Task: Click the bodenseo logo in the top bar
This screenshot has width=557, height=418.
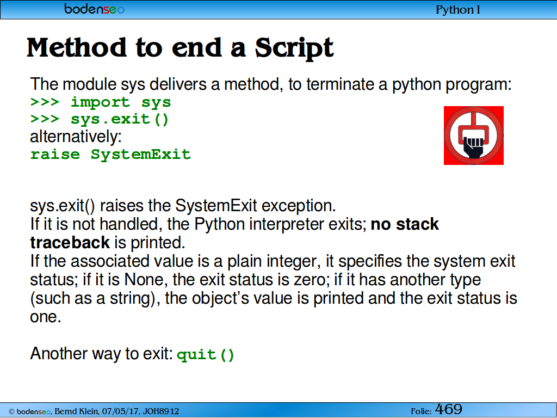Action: (x=95, y=9)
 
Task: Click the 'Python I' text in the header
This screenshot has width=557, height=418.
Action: (x=458, y=10)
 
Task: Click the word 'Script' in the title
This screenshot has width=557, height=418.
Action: (x=294, y=48)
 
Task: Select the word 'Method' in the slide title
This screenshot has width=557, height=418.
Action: (x=77, y=47)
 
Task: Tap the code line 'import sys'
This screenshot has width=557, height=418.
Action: (x=121, y=102)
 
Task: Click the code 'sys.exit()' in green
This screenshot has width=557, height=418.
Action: (x=119, y=119)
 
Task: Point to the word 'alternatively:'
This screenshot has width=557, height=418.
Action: (x=76, y=137)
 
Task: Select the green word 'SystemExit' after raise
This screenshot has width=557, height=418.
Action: (x=141, y=155)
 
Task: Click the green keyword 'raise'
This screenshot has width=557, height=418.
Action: (x=55, y=155)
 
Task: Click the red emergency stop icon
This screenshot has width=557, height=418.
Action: (x=474, y=136)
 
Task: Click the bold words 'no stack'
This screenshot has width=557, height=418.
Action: (x=405, y=224)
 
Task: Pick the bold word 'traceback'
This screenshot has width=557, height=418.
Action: (x=70, y=243)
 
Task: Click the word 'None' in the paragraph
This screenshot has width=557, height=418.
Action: (x=145, y=280)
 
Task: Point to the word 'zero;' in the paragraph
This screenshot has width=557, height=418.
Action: (x=310, y=280)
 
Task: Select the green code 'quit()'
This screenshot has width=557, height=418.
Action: (x=206, y=355)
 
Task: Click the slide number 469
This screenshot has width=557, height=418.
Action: (x=449, y=409)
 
